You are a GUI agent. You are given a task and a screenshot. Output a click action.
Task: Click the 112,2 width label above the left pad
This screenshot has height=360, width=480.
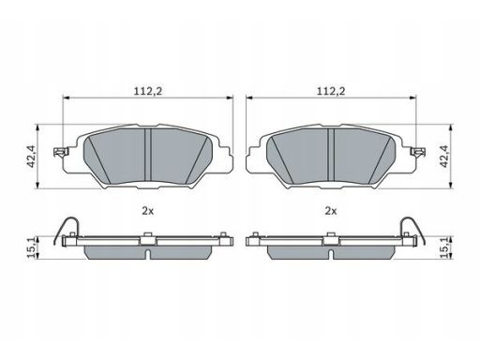tap(148, 91)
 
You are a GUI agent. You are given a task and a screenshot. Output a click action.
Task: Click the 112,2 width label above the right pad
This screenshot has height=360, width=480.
tap(331, 91)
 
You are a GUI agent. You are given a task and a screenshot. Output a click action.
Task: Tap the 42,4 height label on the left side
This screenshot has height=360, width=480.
tap(32, 157)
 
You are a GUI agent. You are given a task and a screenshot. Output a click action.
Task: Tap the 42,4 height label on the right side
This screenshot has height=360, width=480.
tap(444, 157)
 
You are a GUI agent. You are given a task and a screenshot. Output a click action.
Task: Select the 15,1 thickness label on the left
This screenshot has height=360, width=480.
tap(31, 248)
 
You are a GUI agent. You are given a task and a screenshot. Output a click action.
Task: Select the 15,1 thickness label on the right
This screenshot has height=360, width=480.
tap(444, 248)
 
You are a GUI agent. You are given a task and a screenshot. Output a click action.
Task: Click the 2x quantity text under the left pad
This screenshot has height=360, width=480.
tap(148, 211)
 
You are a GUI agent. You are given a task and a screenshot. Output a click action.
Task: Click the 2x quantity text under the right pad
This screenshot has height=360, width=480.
tap(331, 211)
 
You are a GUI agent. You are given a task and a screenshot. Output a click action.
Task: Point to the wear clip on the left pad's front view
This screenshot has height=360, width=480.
tap(61, 152)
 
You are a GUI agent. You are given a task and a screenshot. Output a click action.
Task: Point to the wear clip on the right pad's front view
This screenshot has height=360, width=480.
tap(418, 152)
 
